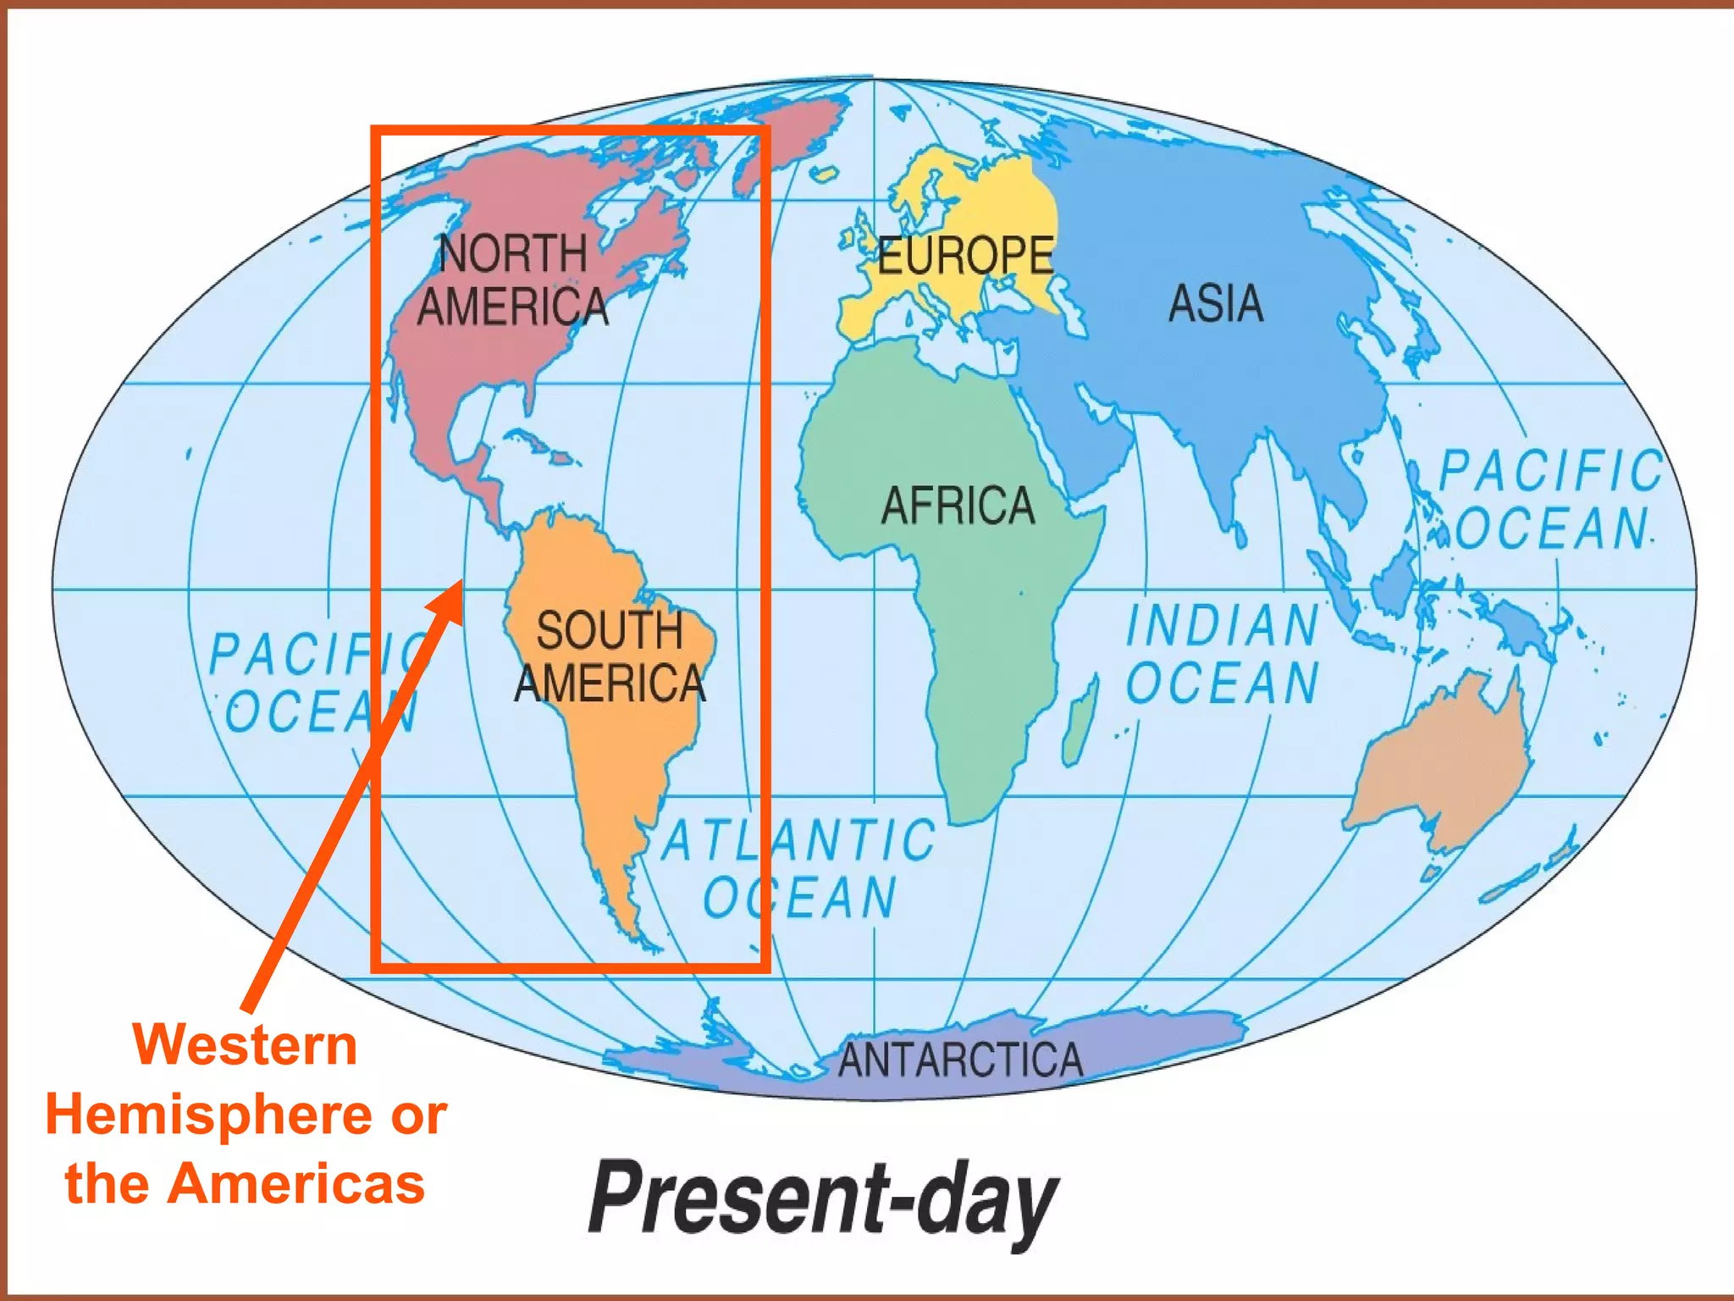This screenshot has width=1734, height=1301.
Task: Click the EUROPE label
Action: (965, 255)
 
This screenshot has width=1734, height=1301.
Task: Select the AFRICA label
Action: (958, 506)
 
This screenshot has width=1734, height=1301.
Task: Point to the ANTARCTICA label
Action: (960, 1060)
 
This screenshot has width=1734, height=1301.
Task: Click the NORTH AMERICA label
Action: (513, 280)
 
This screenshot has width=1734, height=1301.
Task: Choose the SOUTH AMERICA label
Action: (610, 656)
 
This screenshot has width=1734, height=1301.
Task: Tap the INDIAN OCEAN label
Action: (1223, 653)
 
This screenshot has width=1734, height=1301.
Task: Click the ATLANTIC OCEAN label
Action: (799, 868)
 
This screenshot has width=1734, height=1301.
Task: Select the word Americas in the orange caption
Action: (296, 1183)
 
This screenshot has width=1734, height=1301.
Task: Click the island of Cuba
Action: (529, 440)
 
